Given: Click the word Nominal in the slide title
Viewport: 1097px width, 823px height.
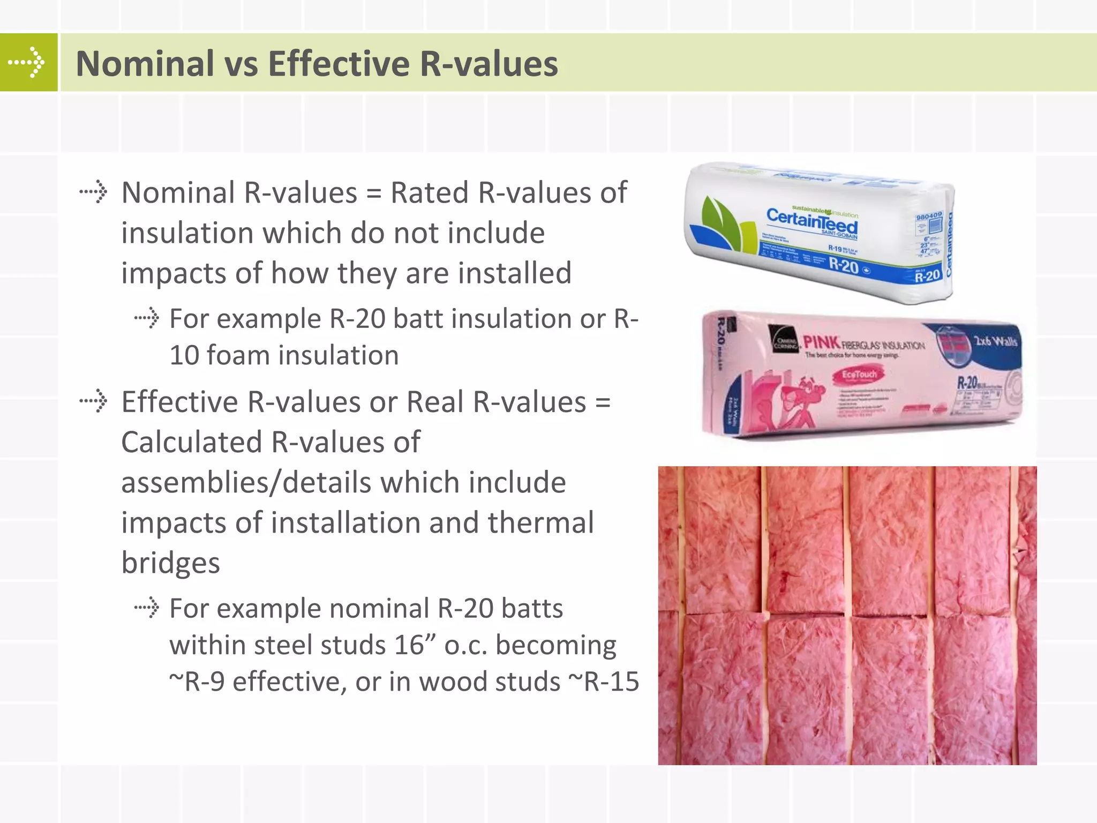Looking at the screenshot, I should pos(145,63).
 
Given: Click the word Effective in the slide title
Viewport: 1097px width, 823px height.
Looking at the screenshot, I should pos(339,63).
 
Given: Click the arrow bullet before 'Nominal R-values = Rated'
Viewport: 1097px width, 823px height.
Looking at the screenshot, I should pos(93,192).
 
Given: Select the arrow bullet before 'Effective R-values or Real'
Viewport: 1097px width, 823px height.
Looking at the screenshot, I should pos(93,401).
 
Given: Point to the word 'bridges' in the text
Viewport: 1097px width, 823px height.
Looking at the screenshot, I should pos(170,563).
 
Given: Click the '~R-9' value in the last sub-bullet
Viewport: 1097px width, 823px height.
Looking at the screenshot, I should pos(197,682).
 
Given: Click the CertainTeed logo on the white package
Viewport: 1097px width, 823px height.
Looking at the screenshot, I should pos(812,221).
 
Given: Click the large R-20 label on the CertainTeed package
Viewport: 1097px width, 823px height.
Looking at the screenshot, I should pos(844,265).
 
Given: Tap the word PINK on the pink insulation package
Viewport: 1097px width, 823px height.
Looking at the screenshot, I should pos(821,342).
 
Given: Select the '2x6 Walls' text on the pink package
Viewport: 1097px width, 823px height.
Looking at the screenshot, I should pos(995,341).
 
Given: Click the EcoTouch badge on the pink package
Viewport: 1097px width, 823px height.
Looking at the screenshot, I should pos(859,375).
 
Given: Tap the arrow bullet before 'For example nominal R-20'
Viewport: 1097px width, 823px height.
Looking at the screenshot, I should pos(147,608).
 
